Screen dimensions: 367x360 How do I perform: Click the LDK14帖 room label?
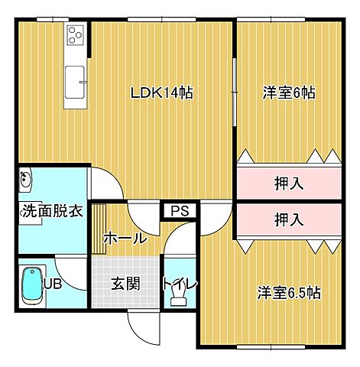[x=161, y=94]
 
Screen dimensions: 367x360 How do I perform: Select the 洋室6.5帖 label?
[x=288, y=292]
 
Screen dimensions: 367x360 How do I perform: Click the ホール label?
[x=125, y=238]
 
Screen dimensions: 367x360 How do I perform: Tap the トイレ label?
[x=180, y=284]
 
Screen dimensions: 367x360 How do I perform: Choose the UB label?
[x=52, y=284]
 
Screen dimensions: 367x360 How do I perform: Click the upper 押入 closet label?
[x=289, y=183]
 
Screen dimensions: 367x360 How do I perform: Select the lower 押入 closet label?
[x=289, y=220]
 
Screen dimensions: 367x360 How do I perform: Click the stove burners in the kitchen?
[x=75, y=34]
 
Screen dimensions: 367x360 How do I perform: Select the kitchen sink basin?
[x=75, y=81]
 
